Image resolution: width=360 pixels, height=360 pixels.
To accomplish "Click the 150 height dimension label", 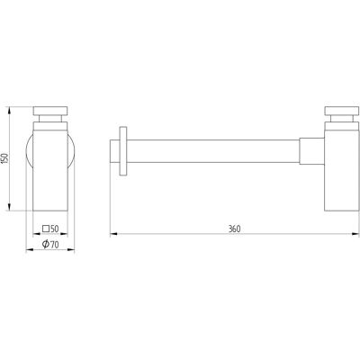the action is [4, 158].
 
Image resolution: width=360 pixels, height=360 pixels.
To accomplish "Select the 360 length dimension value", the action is [234, 229].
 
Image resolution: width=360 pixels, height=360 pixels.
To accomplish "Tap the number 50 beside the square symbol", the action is [54, 229].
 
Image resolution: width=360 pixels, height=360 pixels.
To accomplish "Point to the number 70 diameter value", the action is [54, 245].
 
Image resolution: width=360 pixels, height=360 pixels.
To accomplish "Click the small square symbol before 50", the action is [46, 229].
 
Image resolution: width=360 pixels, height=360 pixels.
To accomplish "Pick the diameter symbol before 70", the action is [46, 244].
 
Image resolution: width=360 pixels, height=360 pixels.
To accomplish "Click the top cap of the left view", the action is [50, 111].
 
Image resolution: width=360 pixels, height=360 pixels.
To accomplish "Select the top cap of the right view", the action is [342, 111].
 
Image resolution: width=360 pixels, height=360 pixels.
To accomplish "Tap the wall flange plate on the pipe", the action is [123, 151].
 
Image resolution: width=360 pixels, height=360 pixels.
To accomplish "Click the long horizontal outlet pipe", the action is [213, 151].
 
